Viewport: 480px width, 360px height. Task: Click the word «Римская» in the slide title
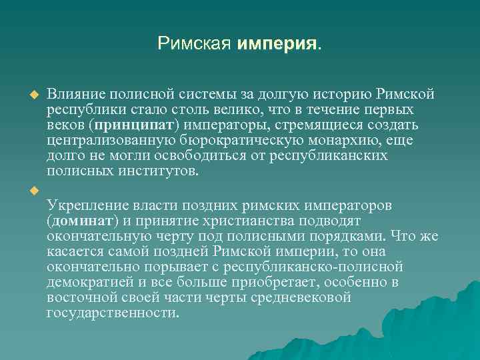tap(195, 45)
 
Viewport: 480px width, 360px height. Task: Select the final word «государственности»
tap(112, 313)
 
